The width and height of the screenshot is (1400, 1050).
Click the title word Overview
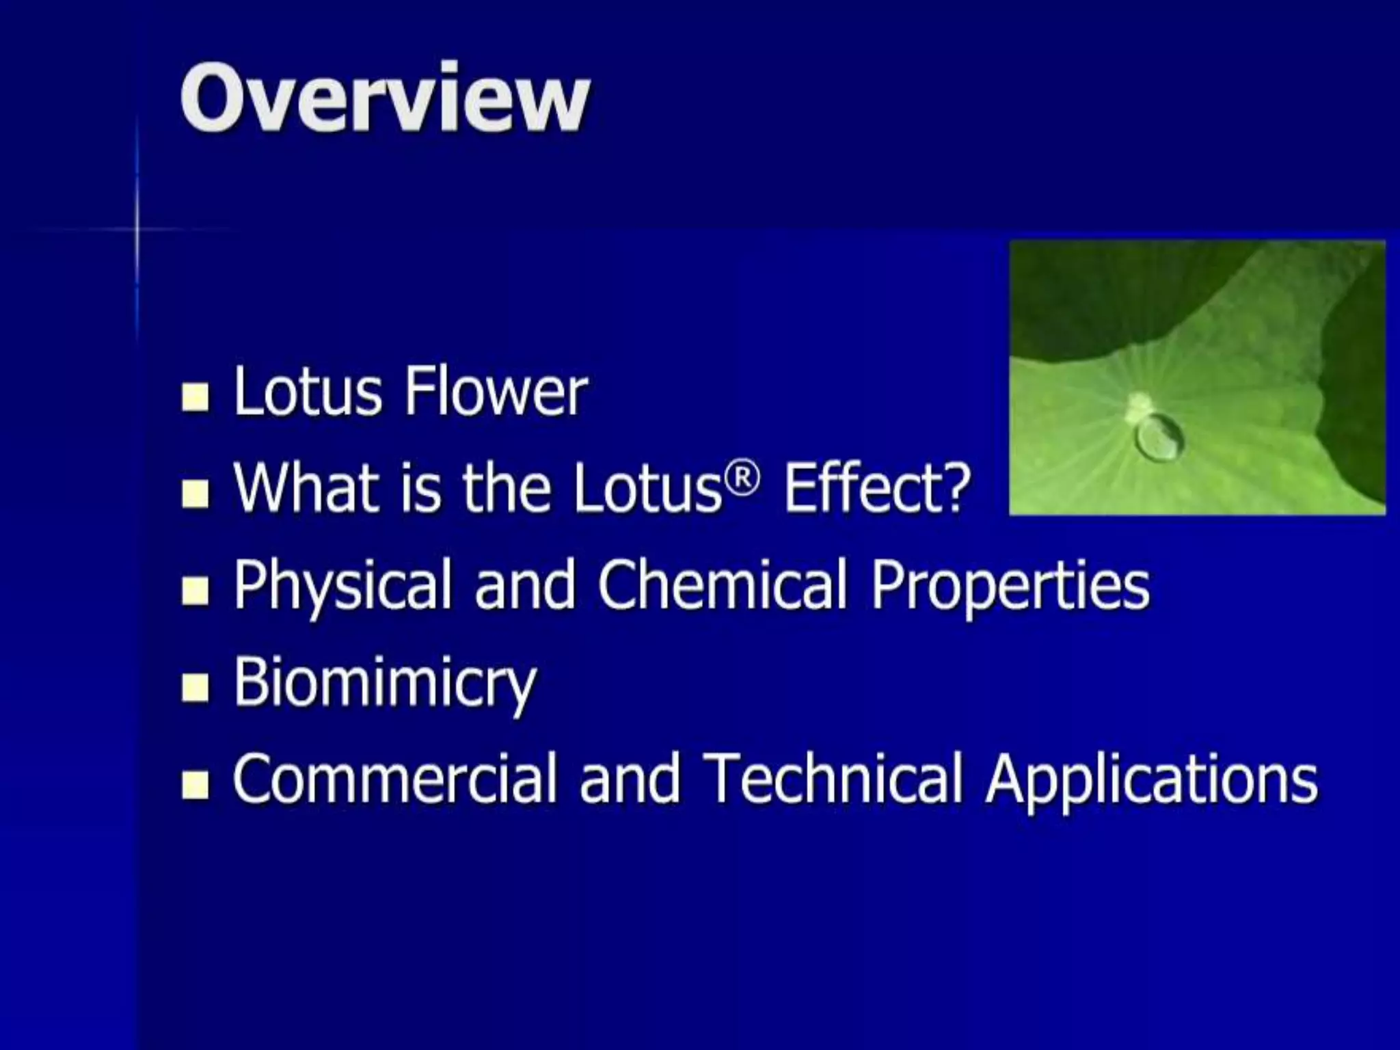click(384, 98)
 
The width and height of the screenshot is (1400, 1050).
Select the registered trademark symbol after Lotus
click(742, 479)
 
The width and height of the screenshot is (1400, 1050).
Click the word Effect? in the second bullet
click(877, 488)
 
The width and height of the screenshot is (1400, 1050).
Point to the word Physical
click(343, 587)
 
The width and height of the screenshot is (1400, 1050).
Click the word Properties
click(1010, 587)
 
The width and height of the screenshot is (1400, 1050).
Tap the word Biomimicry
click(385, 684)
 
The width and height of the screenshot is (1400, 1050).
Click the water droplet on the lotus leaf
click(1158, 436)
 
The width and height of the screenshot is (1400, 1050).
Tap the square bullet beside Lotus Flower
click(196, 397)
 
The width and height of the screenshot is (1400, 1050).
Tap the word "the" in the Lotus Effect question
click(507, 488)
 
